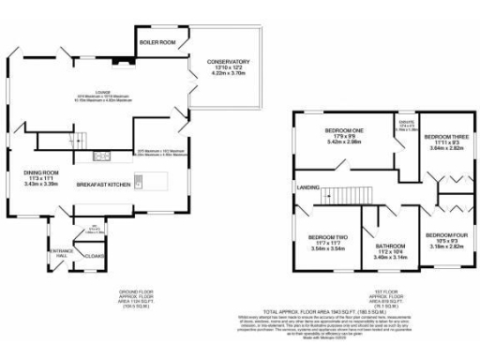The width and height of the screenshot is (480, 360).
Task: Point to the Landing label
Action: tap(307, 187)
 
